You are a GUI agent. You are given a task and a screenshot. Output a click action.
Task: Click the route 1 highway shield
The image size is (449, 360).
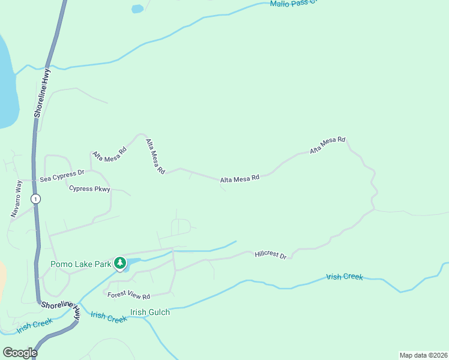(x=36, y=199)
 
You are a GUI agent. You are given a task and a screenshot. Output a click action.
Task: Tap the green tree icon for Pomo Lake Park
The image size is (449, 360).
(x=120, y=263)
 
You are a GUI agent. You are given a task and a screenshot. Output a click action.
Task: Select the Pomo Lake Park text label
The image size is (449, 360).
(x=81, y=263)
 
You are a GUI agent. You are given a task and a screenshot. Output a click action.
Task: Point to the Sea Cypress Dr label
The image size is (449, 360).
(x=62, y=176)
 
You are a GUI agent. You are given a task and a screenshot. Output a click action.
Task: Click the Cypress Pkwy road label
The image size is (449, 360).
(x=89, y=189)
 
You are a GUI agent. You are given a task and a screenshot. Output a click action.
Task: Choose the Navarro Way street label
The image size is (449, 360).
(x=16, y=199)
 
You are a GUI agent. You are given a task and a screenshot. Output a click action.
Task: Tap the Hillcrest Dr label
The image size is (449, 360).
(x=271, y=254)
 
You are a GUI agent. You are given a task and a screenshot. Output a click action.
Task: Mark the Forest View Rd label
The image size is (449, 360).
(x=128, y=295)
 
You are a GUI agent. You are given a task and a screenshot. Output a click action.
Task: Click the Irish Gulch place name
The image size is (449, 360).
(x=150, y=312)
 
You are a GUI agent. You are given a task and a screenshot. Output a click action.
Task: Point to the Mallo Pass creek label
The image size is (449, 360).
(x=292, y=4)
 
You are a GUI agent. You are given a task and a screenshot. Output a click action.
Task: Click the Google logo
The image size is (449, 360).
(x=20, y=353)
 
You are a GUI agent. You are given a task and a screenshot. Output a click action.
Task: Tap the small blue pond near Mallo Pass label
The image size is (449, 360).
(x=137, y=9)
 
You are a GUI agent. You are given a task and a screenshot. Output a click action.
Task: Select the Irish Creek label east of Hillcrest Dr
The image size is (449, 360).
(x=345, y=277)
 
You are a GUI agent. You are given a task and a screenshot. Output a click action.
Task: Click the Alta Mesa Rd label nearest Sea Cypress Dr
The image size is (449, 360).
(x=109, y=154)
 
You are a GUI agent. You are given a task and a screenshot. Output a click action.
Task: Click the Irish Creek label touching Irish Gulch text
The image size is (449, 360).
(x=109, y=317)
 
